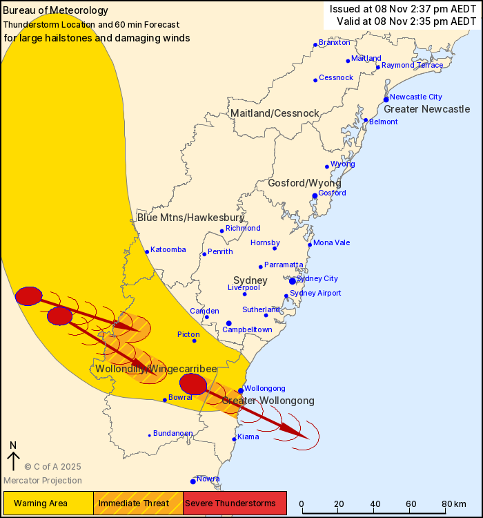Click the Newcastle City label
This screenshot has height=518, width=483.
pyautogui.click(x=415, y=97)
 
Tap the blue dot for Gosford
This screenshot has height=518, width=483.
pyautogui.click(x=315, y=196)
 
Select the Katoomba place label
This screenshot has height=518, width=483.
pyautogui.click(x=168, y=249)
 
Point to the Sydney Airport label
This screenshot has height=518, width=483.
pyautogui.click(x=315, y=293)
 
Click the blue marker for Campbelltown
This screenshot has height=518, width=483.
pyautogui.click(x=228, y=323)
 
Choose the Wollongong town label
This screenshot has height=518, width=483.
pyautogui.click(x=264, y=388)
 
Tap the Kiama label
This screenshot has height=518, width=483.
pyautogui.click(x=248, y=437)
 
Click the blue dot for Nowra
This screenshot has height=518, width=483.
pyautogui.click(x=193, y=481)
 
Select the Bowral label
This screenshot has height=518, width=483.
pyautogui.click(x=180, y=398)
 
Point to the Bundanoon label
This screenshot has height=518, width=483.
pyautogui.click(x=173, y=433)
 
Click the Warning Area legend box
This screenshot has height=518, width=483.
pyautogui.click(x=48, y=503)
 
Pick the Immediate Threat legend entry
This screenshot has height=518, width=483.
pyautogui.click(x=138, y=503)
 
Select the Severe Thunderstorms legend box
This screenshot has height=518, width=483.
pyautogui.click(x=235, y=503)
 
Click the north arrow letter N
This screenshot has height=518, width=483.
pyautogui.click(x=13, y=445)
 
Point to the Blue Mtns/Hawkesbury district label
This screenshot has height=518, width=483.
pyautogui.click(x=181, y=218)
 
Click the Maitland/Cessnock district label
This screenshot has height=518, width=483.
pyautogui.click(x=275, y=113)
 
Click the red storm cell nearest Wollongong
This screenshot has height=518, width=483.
pyautogui.click(x=193, y=384)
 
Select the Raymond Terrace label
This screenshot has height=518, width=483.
pyautogui.click(x=412, y=65)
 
